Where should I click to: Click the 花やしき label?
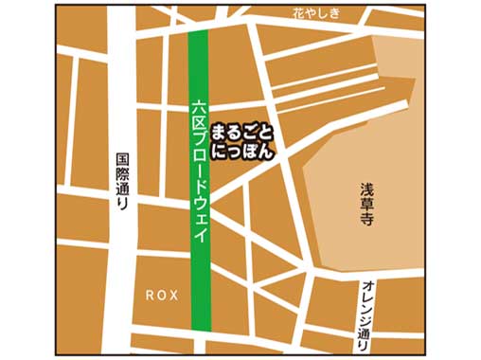coord(313,13)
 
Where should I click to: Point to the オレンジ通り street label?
coord(365,315)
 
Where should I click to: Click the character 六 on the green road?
coord(198,108)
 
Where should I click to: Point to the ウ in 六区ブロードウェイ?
coord(198,201)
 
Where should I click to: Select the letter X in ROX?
coord(173,295)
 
